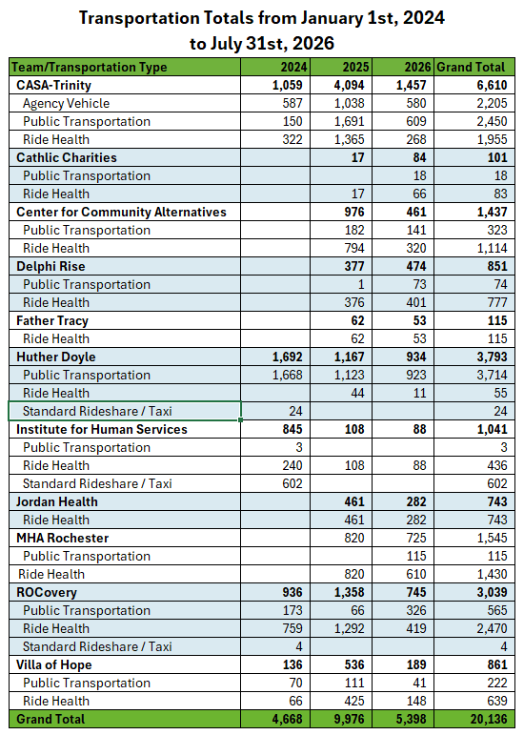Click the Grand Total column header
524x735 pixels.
[x=471, y=67]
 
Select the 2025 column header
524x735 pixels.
[x=355, y=67]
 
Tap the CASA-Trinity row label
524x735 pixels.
[x=54, y=85]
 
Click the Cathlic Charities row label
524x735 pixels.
[x=67, y=157]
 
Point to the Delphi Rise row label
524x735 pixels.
[x=50, y=266]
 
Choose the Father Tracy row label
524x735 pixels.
[x=52, y=320]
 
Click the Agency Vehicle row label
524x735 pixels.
[x=66, y=103]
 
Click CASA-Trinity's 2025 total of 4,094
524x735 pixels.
[x=349, y=85]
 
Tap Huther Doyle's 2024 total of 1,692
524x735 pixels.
[x=287, y=357]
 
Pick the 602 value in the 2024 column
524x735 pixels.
[x=292, y=483]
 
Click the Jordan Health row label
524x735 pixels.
[x=57, y=501]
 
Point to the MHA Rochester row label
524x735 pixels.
[x=62, y=538]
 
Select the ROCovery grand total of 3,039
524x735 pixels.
[x=493, y=592]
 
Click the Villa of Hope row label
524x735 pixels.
[x=54, y=664]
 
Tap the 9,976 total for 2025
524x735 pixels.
[x=349, y=719]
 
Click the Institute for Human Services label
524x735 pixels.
[x=102, y=429]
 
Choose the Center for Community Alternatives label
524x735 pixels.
[x=121, y=212]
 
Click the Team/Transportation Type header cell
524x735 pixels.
[x=89, y=67]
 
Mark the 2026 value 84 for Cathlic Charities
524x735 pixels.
[x=419, y=157]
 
